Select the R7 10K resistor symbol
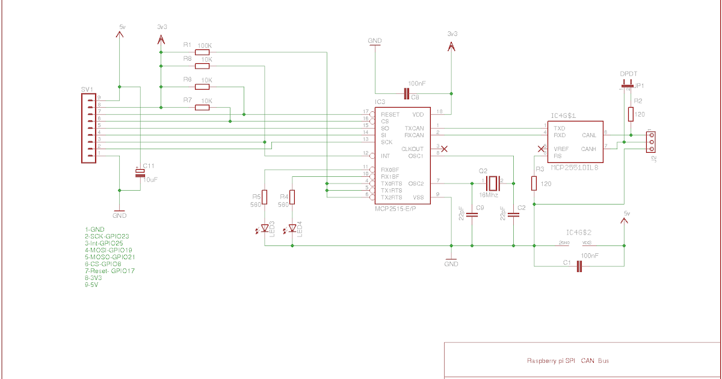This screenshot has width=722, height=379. (x=202, y=108)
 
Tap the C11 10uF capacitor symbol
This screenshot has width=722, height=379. (x=140, y=173)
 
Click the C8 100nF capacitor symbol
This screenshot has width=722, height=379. (x=407, y=93)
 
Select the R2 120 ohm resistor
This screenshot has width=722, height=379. (x=631, y=114)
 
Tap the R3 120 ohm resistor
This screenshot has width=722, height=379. (x=534, y=183)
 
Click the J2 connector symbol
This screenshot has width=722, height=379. (x=650, y=142)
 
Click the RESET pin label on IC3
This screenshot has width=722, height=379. (x=390, y=114)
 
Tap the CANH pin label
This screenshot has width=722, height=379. (x=589, y=149)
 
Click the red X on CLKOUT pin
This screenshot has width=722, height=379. (x=444, y=148)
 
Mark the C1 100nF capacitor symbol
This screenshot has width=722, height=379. (x=579, y=266)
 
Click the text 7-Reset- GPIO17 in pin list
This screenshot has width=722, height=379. (x=110, y=271)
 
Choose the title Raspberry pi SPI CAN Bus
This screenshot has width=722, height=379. (x=567, y=361)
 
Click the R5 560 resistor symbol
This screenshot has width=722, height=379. (x=265, y=197)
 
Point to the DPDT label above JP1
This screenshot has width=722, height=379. (x=628, y=74)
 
